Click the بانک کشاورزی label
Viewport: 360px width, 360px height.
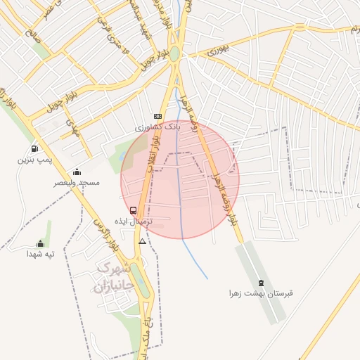pyautogui.click(x=158, y=128)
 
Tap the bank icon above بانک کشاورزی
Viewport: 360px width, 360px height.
pyautogui.click(x=157, y=117)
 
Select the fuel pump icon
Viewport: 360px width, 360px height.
pyautogui.click(x=34, y=149)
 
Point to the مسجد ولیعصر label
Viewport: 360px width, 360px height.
pyautogui.click(x=77, y=183)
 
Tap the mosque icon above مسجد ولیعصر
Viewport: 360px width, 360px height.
pyautogui.click(x=77, y=172)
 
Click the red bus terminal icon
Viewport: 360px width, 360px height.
pyautogui.click(x=133, y=210)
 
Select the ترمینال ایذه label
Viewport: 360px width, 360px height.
pyautogui.click(x=133, y=221)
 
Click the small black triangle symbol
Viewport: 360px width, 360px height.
pyautogui.click(x=143, y=241)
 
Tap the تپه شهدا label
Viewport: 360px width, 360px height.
pyautogui.click(x=41, y=254)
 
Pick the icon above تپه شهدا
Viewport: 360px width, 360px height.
pyautogui.click(x=41, y=243)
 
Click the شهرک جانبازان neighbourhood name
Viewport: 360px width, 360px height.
pyautogui.click(x=112, y=277)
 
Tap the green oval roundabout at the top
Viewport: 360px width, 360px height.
pyautogui.click(x=174, y=53)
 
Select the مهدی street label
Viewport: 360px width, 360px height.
pyautogui.click(x=70, y=127)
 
